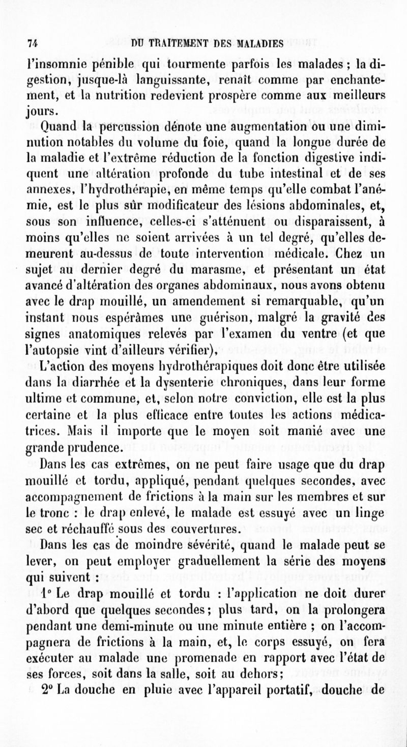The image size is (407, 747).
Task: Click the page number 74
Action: click(x=34, y=43)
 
